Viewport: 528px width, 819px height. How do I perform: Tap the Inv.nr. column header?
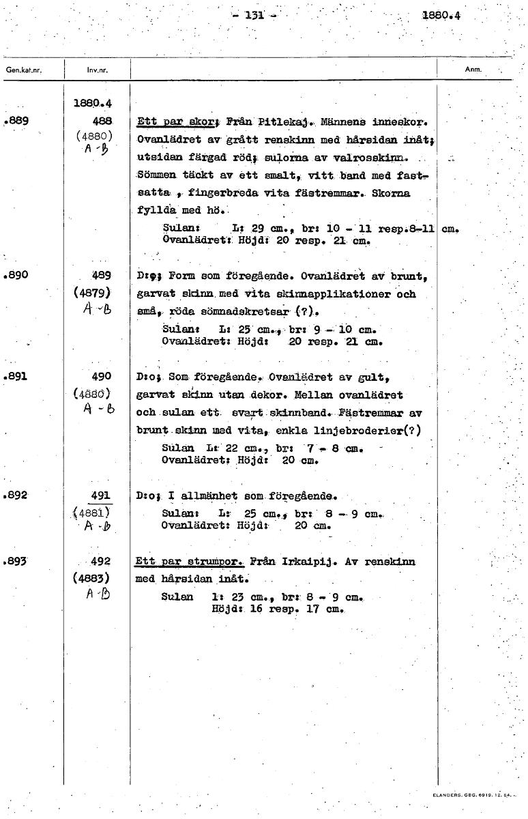(x=96, y=70)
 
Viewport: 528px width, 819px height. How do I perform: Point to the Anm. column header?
(x=473, y=70)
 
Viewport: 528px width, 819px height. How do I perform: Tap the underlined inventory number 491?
(x=101, y=495)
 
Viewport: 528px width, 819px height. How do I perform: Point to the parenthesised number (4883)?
(x=98, y=577)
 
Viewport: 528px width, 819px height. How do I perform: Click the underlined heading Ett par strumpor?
(x=190, y=562)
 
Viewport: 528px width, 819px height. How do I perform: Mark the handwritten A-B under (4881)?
(x=97, y=526)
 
